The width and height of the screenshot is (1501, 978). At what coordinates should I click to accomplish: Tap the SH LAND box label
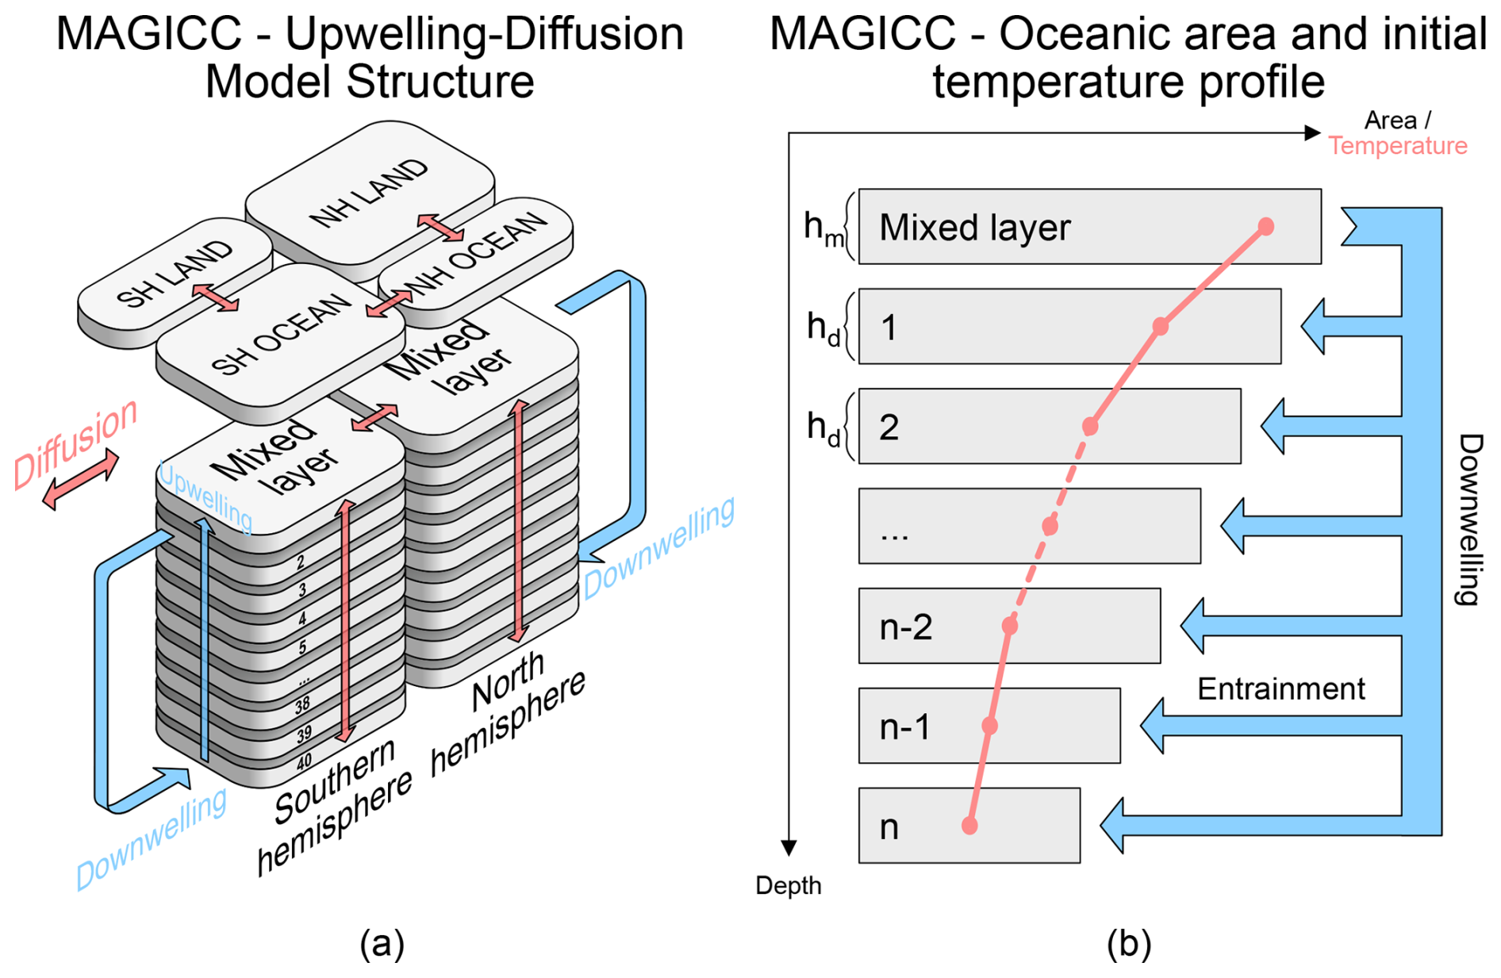[x=175, y=274]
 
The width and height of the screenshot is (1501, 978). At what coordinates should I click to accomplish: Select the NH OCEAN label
[x=474, y=254]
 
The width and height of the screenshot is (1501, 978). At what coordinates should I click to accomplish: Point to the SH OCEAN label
[x=282, y=333]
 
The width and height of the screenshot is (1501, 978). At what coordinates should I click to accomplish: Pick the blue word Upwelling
[x=205, y=497]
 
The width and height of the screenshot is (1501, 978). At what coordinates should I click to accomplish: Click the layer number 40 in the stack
[x=305, y=762]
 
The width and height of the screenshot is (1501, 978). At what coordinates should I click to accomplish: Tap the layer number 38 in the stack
[x=302, y=704]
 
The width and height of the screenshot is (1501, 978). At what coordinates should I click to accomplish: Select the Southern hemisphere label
[x=333, y=809]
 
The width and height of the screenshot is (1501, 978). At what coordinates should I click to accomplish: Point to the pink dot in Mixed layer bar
[x=1266, y=227]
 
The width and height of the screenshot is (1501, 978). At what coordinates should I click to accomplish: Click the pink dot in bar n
[x=969, y=826]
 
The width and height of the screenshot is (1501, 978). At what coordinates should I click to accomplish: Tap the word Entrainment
[x=1280, y=688]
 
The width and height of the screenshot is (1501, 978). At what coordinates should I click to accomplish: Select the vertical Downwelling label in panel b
[x=1470, y=520]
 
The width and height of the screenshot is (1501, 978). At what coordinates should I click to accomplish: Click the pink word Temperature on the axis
[x=1398, y=146]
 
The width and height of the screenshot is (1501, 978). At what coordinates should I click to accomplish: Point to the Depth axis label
[x=788, y=885]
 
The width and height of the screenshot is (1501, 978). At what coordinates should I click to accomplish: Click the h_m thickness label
[x=823, y=228]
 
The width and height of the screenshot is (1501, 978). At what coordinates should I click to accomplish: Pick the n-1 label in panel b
[x=905, y=727]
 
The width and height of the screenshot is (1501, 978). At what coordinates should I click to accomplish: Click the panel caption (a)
[x=382, y=944]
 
